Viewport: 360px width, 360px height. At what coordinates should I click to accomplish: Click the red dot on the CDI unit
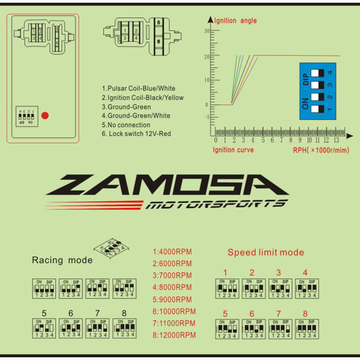pos(45,115)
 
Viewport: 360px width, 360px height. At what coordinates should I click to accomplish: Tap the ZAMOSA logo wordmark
pos(166,185)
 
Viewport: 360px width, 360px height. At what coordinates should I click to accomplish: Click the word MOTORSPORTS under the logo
pos(215,205)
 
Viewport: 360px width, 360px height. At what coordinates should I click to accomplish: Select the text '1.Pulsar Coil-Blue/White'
pos(139,89)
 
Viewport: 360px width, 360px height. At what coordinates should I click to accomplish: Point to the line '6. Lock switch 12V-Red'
pos(136,134)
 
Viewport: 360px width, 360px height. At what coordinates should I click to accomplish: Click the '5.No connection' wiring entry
pos(126,125)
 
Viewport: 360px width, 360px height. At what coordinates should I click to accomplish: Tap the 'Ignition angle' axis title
pos(235,21)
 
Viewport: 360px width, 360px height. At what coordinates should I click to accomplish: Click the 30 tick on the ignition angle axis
pos(207,31)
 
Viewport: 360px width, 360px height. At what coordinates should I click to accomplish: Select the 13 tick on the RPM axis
pos(336,140)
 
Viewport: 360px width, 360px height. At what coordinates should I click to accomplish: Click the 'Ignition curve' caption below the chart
pos(233,150)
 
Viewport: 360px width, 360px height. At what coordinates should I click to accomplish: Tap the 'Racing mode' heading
pos(62,260)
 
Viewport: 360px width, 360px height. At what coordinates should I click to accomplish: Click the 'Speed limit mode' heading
pos(265,252)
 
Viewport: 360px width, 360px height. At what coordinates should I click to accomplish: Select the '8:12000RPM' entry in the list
pos(174,335)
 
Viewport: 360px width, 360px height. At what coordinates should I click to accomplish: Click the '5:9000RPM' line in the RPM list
pos(172,299)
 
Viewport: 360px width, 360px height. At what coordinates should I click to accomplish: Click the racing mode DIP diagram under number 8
pos(124,328)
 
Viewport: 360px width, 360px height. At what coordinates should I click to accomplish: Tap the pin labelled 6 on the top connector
pos(159,41)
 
